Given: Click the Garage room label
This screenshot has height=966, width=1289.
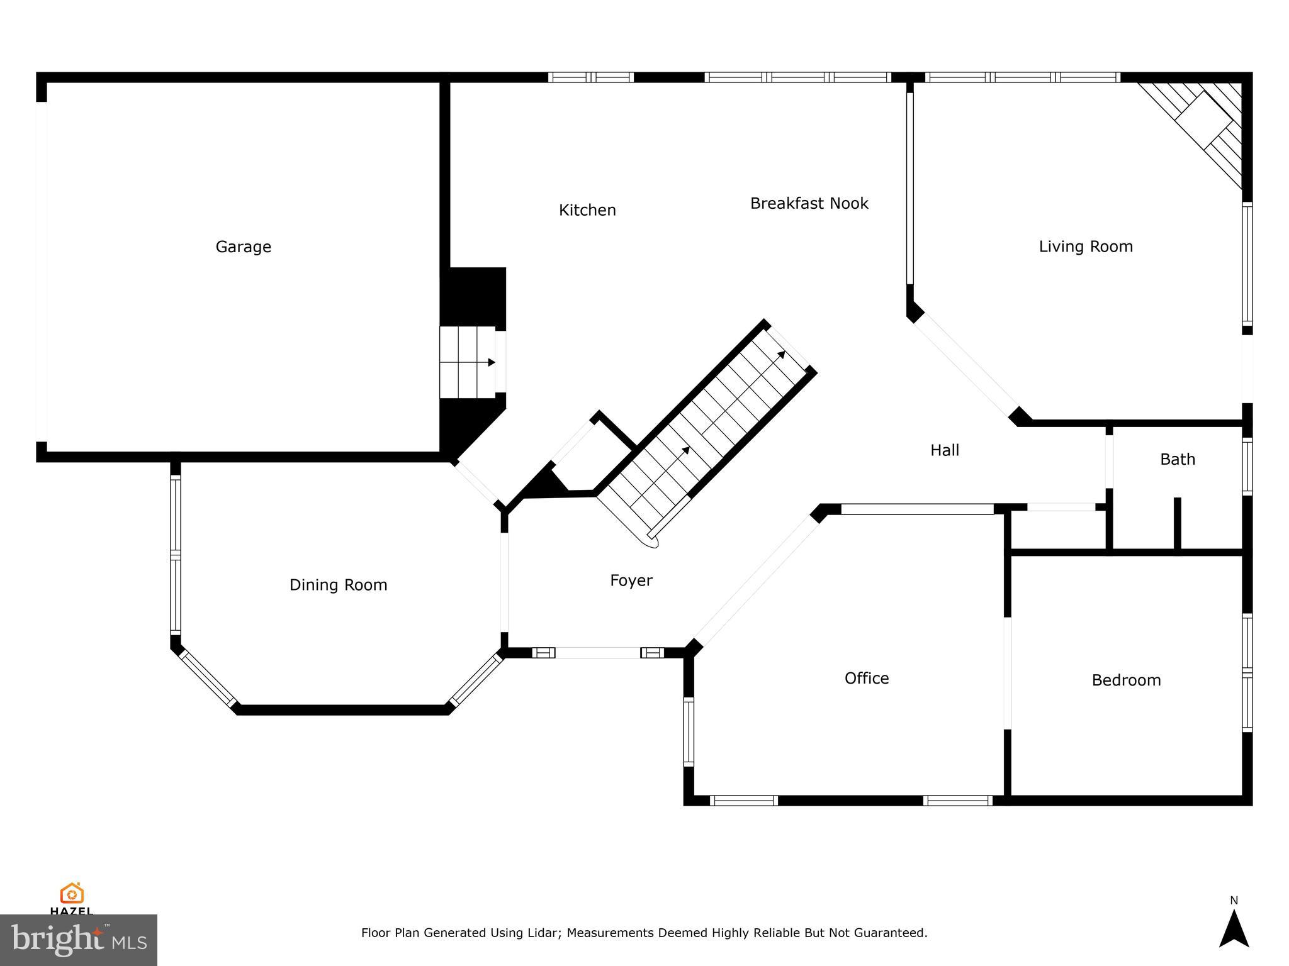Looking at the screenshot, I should pyautogui.click(x=243, y=247).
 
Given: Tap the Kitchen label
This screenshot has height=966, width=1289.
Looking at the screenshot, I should pyautogui.click(x=587, y=210).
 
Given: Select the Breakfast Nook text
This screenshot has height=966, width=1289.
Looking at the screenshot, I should pyautogui.click(x=809, y=203).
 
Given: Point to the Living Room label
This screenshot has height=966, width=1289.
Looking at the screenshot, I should pyautogui.click(x=1085, y=247).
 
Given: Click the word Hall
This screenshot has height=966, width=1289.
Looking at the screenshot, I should pyautogui.click(x=945, y=450).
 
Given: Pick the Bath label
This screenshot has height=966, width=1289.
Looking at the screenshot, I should pyautogui.click(x=1177, y=460).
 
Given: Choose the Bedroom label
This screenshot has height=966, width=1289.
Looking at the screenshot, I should pyautogui.click(x=1125, y=680).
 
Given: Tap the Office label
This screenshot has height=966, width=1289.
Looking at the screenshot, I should pyautogui.click(x=866, y=678).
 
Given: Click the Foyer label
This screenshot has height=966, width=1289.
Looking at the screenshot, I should pyautogui.click(x=631, y=580).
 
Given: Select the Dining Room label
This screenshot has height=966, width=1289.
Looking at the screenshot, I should pyautogui.click(x=338, y=585).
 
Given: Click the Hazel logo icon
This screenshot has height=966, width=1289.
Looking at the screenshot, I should pyautogui.click(x=72, y=894).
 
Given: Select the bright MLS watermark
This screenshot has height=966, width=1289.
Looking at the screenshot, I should pyautogui.click(x=78, y=940).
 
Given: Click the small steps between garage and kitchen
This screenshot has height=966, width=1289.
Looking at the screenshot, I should pyautogui.click(x=466, y=362).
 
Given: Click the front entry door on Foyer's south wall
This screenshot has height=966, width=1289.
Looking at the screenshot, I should pyautogui.click(x=597, y=653).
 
